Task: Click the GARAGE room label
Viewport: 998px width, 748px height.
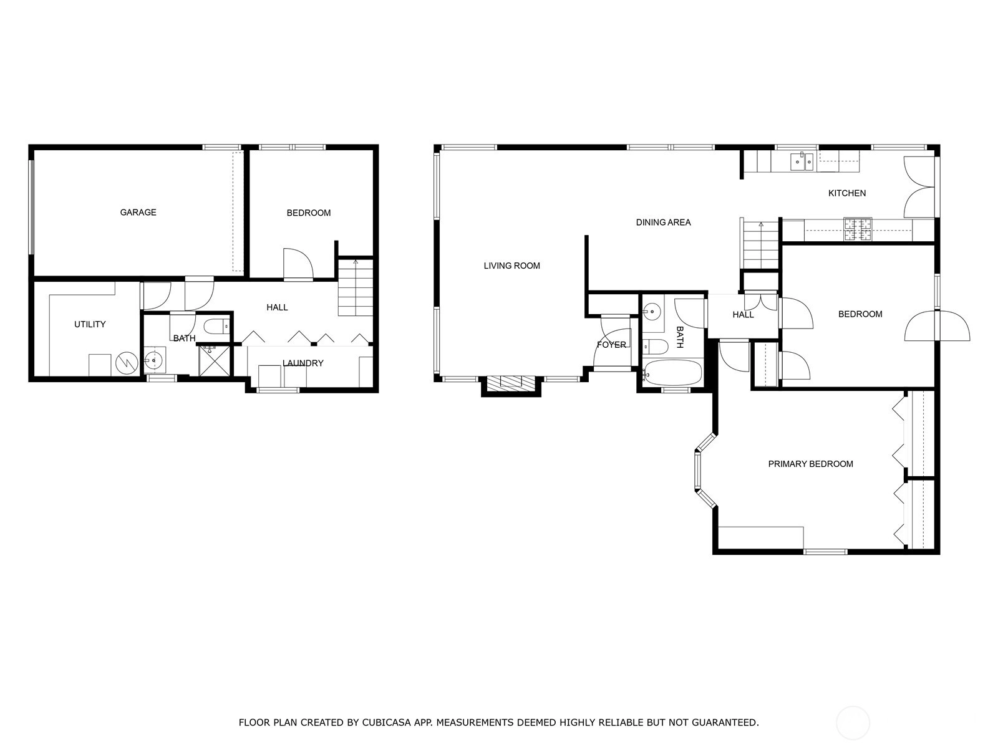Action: [x=138, y=212]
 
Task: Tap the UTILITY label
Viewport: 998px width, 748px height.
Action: [x=90, y=324]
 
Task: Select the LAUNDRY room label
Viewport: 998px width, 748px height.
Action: [x=303, y=363]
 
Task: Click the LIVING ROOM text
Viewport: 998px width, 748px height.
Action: [x=511, y=266]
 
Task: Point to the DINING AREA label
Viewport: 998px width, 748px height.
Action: [x=663, y=222]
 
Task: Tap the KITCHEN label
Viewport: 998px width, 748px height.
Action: [x=846, y=193]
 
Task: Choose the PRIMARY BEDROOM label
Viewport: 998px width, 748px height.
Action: [x=810, y=464]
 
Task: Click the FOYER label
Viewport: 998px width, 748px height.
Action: [x=611, y=345]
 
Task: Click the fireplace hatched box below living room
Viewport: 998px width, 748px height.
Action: [x=511, y=381]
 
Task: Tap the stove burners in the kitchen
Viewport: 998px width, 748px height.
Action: [x=858, y=229]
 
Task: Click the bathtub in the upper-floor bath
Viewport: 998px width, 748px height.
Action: [x=672, y=373]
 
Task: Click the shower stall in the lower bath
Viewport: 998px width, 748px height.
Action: [x=215, y=361]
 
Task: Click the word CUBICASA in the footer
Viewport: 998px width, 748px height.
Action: [x=385, y=722]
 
